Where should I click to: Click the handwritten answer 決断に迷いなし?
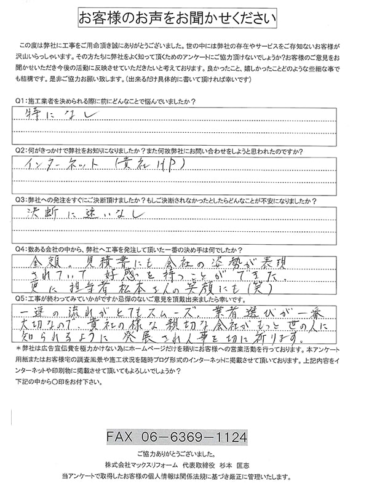(86, 214)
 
